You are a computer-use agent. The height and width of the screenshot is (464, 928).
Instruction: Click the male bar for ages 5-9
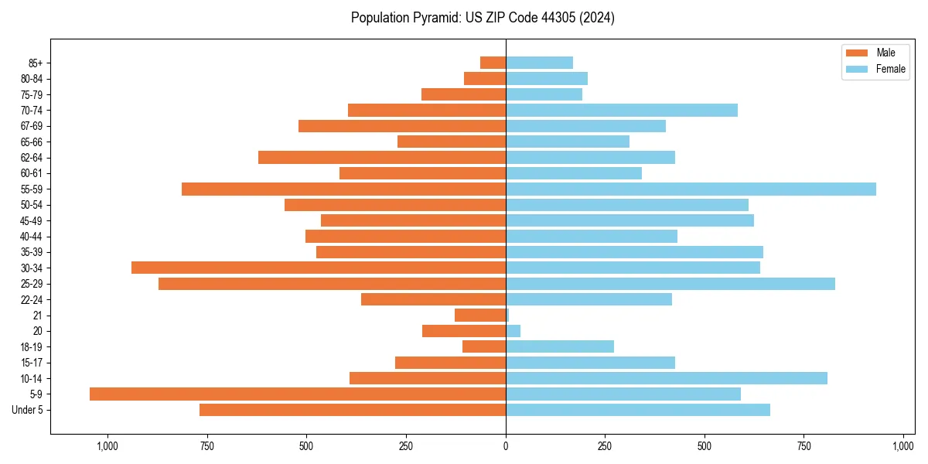[x=298, y=394]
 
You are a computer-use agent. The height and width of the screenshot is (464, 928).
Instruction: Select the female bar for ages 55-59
[x=691, y=189]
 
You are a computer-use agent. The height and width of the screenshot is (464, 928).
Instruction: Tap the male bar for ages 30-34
[x=319, y=268]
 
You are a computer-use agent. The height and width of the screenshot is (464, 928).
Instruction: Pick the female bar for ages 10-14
[x=667, y=378]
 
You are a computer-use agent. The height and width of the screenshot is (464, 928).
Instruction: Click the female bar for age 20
[x=513, y=331]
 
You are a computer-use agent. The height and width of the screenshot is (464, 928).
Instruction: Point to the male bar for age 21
[x=480, y=316]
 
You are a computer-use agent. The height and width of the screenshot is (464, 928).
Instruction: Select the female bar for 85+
[x=540, y=63]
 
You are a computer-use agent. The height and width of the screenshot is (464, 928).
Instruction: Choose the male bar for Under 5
[x=353, y=410]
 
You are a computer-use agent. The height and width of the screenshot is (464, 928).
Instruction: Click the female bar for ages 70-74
[x=622, y=110]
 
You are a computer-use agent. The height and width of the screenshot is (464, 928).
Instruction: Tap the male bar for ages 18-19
[x=484, y=346]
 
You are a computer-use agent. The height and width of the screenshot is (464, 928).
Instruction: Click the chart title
[x=483, y=18]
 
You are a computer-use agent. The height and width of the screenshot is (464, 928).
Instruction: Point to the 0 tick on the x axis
[x=506, y=446]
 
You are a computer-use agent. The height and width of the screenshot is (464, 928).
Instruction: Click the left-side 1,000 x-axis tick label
[x=107, y=446]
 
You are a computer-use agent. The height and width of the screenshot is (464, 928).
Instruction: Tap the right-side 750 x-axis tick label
[x=804, y=446]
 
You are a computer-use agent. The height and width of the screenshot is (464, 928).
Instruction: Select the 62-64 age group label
[x=31, y=158]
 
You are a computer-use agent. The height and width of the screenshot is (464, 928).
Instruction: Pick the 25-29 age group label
[x=31, y=284]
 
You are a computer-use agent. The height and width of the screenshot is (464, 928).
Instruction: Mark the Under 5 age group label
[x=28, y=410]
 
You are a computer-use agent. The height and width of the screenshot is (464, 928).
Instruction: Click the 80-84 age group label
[x=31, y=79]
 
